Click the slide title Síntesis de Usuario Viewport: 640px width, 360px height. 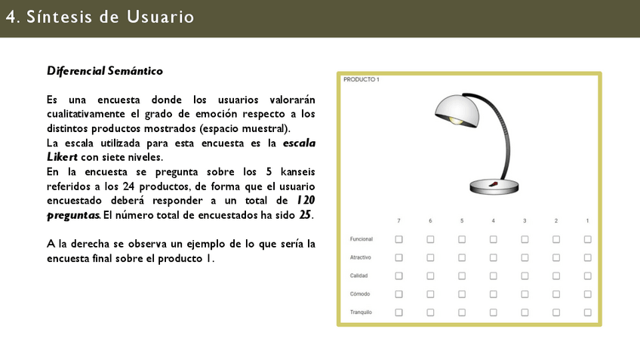(x=100, y=17)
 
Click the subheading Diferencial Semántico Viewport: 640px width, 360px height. (x=104, y=71)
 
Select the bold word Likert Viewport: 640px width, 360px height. (x=63, y=157)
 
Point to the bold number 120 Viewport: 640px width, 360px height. (x=305, y=200)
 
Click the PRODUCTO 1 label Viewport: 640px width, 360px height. (x=361, y=79)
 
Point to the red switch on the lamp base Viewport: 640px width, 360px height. (x=493, y=183)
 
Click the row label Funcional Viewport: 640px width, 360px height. (x=361, y=239)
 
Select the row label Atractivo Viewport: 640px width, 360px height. (x=360, y=257)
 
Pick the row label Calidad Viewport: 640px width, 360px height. (x=358, y=275)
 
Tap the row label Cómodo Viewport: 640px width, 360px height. (x=359, y=294)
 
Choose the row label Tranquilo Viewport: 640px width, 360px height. (x=361, y=312)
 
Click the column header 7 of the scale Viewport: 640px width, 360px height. (x=398, y=220)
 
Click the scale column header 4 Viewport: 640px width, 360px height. (x=493, y=220)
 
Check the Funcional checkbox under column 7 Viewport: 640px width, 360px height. (x=398, y=239)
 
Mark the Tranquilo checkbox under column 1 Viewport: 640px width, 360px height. (x=587, y=312)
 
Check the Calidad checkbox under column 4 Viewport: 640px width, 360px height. (x=493, y=275)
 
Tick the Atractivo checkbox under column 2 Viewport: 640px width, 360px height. (x=555, y=257)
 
